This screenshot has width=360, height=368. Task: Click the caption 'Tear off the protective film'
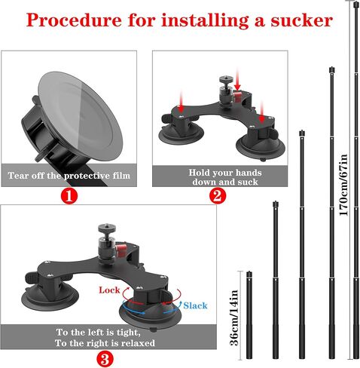tap(70, 176)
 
